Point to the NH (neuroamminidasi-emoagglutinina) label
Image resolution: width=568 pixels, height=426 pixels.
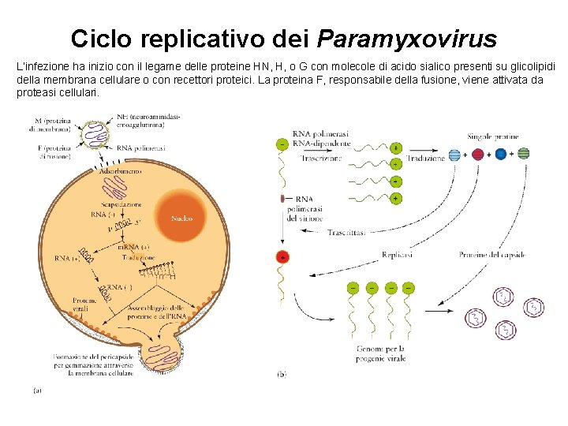point(149,120)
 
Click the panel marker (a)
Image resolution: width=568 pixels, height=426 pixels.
point(36,389)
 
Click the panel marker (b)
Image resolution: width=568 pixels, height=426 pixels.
point(282,375)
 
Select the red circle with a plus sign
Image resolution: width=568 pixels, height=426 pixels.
point(282,257)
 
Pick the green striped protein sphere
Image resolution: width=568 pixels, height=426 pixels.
point(524,154)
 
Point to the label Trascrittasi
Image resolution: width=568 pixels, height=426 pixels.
point(348,233)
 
